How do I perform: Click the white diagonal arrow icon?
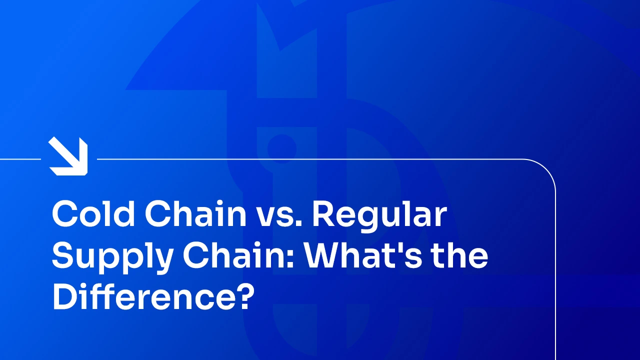tap(68, 156)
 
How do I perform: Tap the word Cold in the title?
tap(93, 213)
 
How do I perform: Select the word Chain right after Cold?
tap(195, 213)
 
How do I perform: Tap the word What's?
tap(363, 254)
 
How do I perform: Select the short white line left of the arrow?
tap(20, 159)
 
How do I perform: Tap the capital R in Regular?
tap(324, 213)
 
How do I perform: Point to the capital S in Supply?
tap(64, 254)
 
